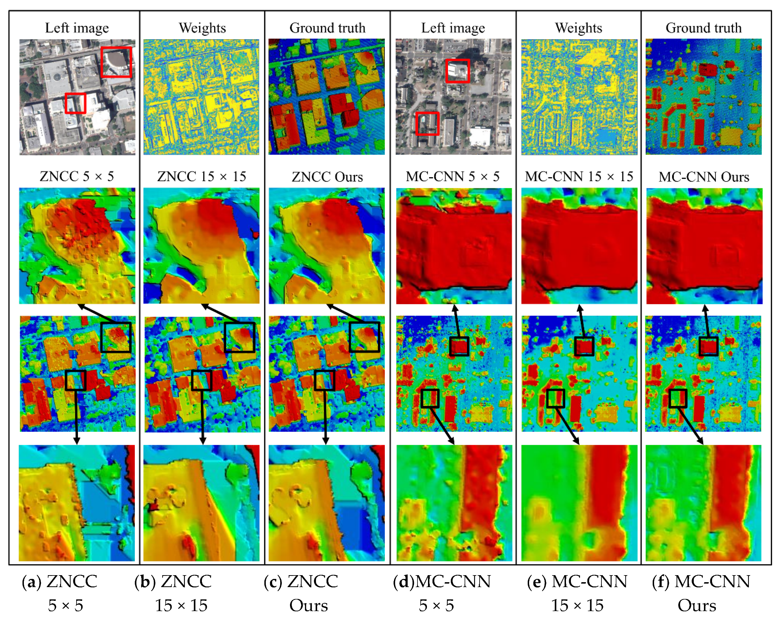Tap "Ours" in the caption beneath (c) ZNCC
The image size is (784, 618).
click(x=309, y=606)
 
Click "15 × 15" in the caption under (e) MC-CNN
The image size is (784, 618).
click(x=578, y=606)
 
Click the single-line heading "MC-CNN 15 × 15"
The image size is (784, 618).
click(x=579, y=177)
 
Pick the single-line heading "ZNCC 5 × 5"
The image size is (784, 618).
click(x=77, y=177)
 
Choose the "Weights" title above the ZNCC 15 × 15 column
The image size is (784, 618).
click(x=202, y=28)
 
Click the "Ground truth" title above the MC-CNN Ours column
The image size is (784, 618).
click(x=704, y=28)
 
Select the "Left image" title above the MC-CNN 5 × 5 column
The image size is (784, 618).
click(x=453, y=28)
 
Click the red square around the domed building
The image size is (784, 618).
click(x=116, y=62)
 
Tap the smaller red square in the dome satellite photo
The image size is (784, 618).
click(x=75, y=103)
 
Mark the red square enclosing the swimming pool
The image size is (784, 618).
click(x=427, y=124)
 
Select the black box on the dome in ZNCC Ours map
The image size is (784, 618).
click(x=365, y=337)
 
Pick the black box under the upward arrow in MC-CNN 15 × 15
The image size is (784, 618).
click(x=584, y=346)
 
